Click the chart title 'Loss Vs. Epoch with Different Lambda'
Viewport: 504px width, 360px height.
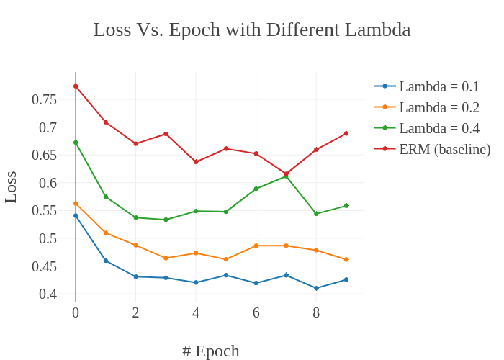coord(252,30)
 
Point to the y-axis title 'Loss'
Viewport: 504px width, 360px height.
coord(11,186)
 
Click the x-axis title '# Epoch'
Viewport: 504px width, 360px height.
coord(210,351)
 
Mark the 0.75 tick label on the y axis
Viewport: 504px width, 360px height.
coord(44,99)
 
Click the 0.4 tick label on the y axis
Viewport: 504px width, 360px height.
coord(48,294)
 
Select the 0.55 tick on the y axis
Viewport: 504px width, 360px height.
coord(44,210)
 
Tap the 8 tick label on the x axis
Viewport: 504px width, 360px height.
coord(316,312)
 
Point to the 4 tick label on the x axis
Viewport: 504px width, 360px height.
coord(196,312)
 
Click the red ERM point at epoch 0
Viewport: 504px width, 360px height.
coord(76,86)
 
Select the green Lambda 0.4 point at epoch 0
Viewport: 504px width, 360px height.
coord(76,143)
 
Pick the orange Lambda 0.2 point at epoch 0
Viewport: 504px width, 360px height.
coord(76,204)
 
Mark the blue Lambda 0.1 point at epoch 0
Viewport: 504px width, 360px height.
coord(76,215)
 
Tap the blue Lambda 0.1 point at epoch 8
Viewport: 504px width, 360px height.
coord(316,288)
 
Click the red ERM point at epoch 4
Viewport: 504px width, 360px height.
coord(196,162)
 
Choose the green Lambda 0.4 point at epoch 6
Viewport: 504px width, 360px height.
coord(256,189)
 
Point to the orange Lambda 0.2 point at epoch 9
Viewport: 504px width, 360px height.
coord(346,259)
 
